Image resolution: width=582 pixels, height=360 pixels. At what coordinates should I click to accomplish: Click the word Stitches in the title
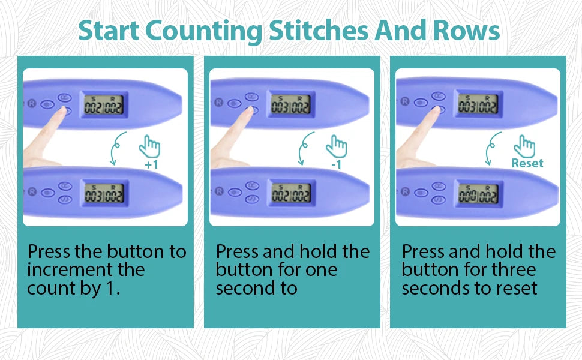click(x=319, y=31)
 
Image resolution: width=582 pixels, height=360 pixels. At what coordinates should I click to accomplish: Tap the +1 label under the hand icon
click(x=151, y=164)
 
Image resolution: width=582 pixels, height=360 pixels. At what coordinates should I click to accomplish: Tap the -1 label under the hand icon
click(x=336, y=164)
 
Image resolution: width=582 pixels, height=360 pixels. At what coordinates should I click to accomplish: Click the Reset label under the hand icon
click(x=527, y=163)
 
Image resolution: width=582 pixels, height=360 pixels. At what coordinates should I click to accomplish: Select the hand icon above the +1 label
click(x=149, y=146)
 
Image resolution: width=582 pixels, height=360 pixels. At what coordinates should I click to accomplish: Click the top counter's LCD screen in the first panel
click(x=104, y=105)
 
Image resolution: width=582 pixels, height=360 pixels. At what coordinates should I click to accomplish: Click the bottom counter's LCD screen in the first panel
click(x=104, y=193)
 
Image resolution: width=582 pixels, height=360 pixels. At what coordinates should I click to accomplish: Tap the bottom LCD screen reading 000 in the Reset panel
click(x=478, y=193)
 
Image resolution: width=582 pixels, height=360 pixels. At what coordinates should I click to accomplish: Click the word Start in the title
click(x=109, y=31)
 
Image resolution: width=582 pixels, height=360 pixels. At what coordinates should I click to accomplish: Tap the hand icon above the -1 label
click(x=336, y=146)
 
